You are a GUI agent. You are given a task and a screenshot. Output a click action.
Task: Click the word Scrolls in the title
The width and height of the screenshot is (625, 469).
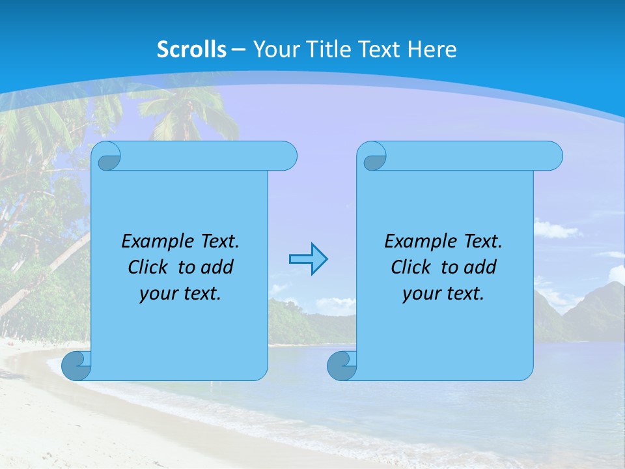[x=192, y=50]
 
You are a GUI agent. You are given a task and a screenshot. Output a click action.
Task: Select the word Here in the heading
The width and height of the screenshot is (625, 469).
[x=432, y=50]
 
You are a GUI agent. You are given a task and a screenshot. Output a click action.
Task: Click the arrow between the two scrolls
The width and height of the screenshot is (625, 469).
[x=308, y=259]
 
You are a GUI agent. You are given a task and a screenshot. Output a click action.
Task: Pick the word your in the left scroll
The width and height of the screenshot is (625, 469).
[x=157, y=294]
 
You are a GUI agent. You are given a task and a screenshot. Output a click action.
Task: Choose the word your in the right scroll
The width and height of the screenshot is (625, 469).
[x=420, y=294]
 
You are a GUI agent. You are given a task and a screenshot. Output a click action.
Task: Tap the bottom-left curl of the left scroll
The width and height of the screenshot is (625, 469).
[x=76, y=365]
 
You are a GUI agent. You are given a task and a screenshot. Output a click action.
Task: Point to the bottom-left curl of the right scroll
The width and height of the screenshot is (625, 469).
[x=341, y=365]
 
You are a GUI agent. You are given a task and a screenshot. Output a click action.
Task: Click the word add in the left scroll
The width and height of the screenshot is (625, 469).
[x=217, y=267]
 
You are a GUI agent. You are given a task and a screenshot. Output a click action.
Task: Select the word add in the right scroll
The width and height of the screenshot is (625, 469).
[x=480, y=267]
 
